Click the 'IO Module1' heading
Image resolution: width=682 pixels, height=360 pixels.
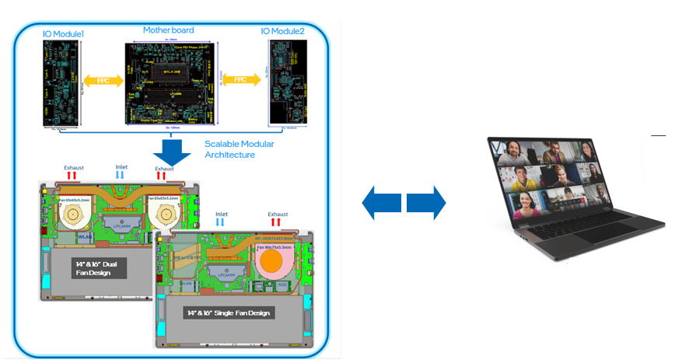(x=63, y=35)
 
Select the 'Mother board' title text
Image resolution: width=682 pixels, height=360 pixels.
(x=168, y=30)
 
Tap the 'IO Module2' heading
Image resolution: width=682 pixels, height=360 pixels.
(x=283, y=31)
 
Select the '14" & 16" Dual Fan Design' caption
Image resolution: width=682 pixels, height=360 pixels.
(x=92, y=268)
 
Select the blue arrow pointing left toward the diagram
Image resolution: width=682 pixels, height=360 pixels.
(x=381, y=203)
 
